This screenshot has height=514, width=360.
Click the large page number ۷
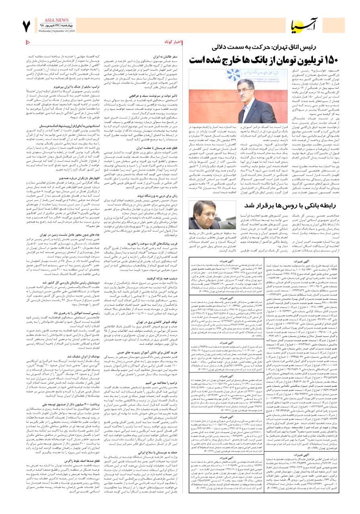[26, 25]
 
